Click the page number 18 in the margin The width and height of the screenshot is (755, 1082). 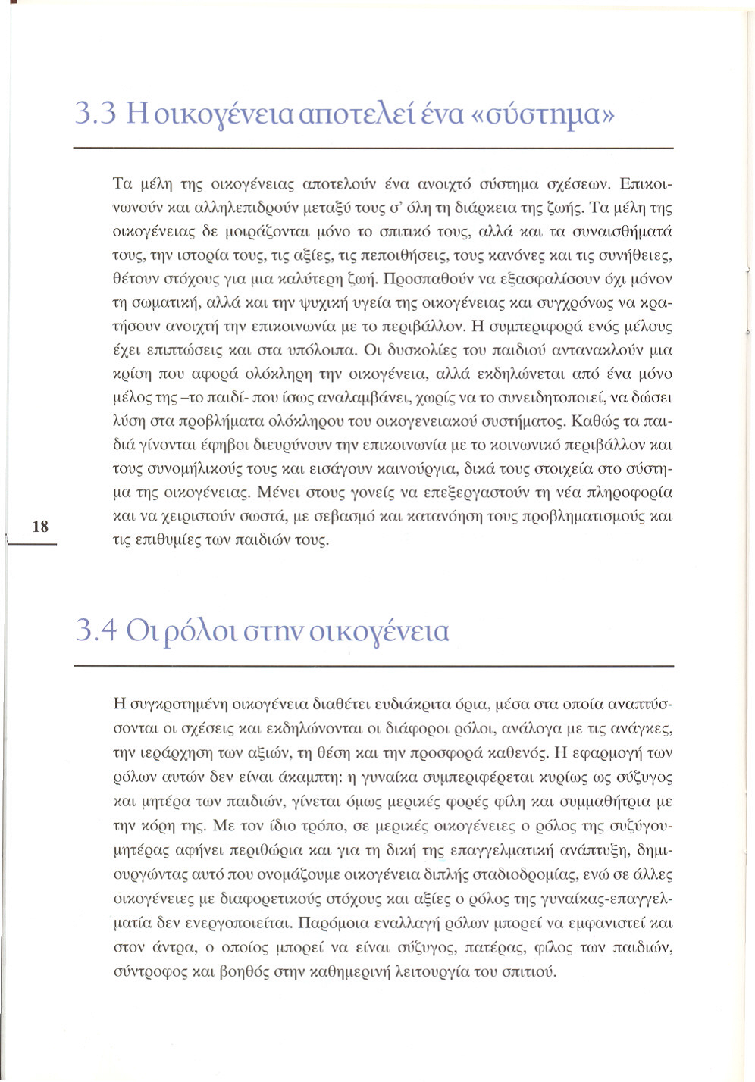tap(40, 526)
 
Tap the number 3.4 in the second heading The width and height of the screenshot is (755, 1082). tap(96, 630)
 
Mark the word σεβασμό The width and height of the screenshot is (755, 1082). tap(340, 517)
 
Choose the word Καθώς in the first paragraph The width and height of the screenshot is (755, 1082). tap(594, 421)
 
